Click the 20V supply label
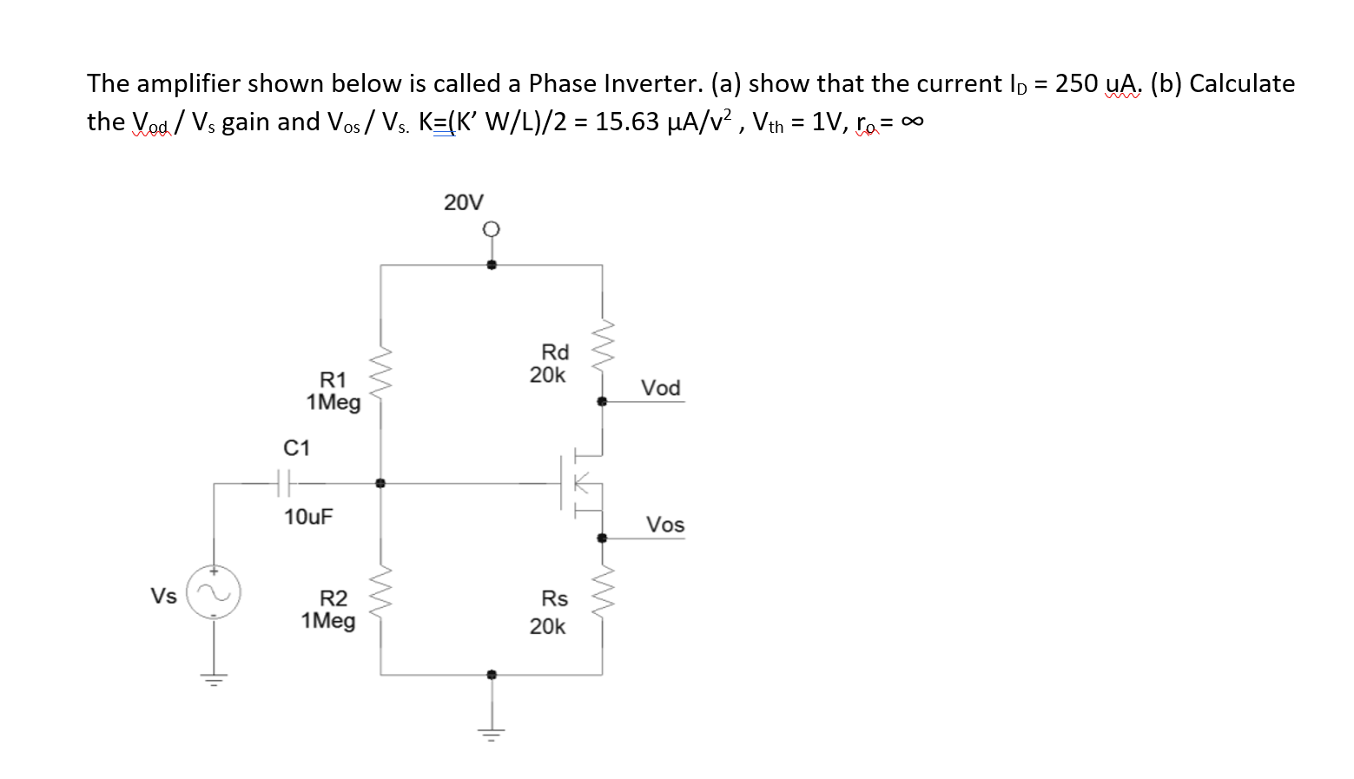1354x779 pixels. click(463, 202)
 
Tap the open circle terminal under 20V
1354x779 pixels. click(491, 229)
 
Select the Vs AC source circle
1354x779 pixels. click(214, 592)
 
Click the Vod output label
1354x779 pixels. click(660, 388)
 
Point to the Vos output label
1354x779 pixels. click(664, 525)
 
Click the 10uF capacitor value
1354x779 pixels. click(307, 517)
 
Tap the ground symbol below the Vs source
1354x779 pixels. click(214, 677)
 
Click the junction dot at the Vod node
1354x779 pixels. click(602, 401)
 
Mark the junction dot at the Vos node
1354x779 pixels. click(602, 538)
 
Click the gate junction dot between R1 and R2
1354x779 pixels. click(380, 483)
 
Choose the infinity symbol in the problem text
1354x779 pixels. click(911, 122)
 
